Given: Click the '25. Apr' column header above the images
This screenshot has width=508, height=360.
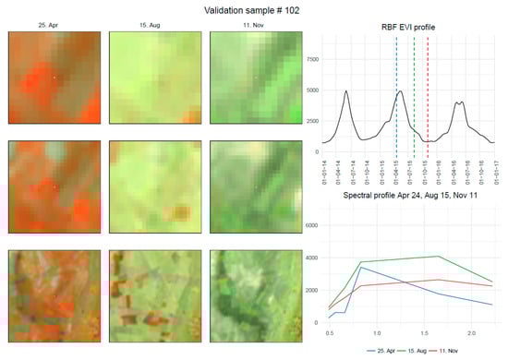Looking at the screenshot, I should [52, 27].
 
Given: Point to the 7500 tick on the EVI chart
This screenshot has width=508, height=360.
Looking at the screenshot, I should [311, 57].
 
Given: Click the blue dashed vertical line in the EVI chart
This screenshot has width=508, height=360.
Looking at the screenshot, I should [397, 92].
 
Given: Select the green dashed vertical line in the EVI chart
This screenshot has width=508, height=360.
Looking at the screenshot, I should [414, 92].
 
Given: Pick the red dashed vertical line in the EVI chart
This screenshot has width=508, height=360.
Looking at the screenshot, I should [428, 92].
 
